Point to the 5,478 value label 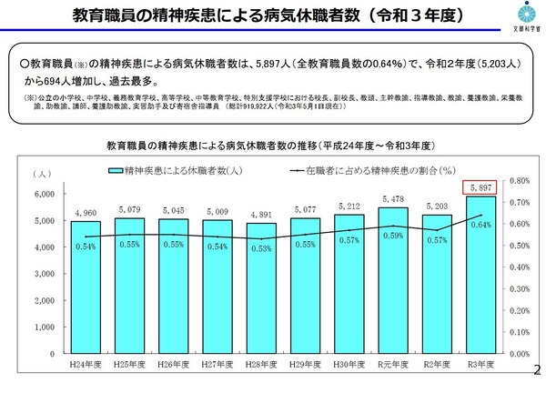coord(391,199)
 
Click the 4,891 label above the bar coord(260,215)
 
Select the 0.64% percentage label coord(482,225)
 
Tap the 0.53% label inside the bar coord(260,247)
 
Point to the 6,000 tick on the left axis coord(43,194)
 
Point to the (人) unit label coord(41,173)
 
